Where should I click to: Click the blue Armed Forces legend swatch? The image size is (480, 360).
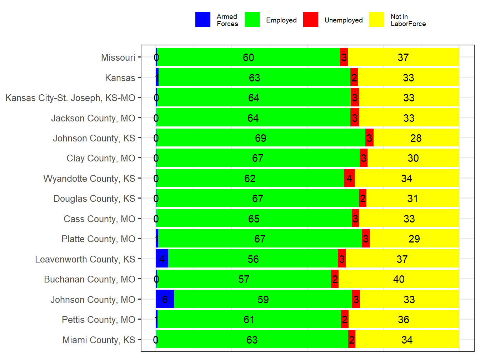click(x=203, y=20)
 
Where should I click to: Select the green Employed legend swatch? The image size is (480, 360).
click(x=252, y=20)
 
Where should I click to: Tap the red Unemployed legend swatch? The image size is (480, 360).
click(x=311, y=20)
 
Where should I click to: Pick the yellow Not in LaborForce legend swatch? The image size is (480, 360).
click(x=376, y=20)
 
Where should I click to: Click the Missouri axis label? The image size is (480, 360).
click(x=118, y=57)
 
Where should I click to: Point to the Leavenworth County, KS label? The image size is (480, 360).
click(x=85, y=259)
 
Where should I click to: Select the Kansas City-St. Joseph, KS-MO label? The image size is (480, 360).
click(x=70, y=98)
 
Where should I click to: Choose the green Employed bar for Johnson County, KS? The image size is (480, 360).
click(x=261, y=138)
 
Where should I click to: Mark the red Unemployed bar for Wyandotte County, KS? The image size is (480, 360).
click(x=349, y=178)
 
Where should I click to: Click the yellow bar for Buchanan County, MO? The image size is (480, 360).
click(x=399, y=279)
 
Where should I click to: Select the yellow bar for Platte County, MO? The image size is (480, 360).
click(x=414, y=239)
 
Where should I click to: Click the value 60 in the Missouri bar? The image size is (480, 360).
click(x=249, y=57)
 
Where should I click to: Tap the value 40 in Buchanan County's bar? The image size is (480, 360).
click(x=399, y=279)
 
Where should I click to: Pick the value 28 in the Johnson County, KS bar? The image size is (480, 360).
click(x=416, y=138)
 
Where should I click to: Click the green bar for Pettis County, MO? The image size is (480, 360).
click(x=249, y=319)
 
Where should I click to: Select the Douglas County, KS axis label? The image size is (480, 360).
click(x=94, y=199)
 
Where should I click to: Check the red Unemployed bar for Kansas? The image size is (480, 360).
click(x=354, y=77)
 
